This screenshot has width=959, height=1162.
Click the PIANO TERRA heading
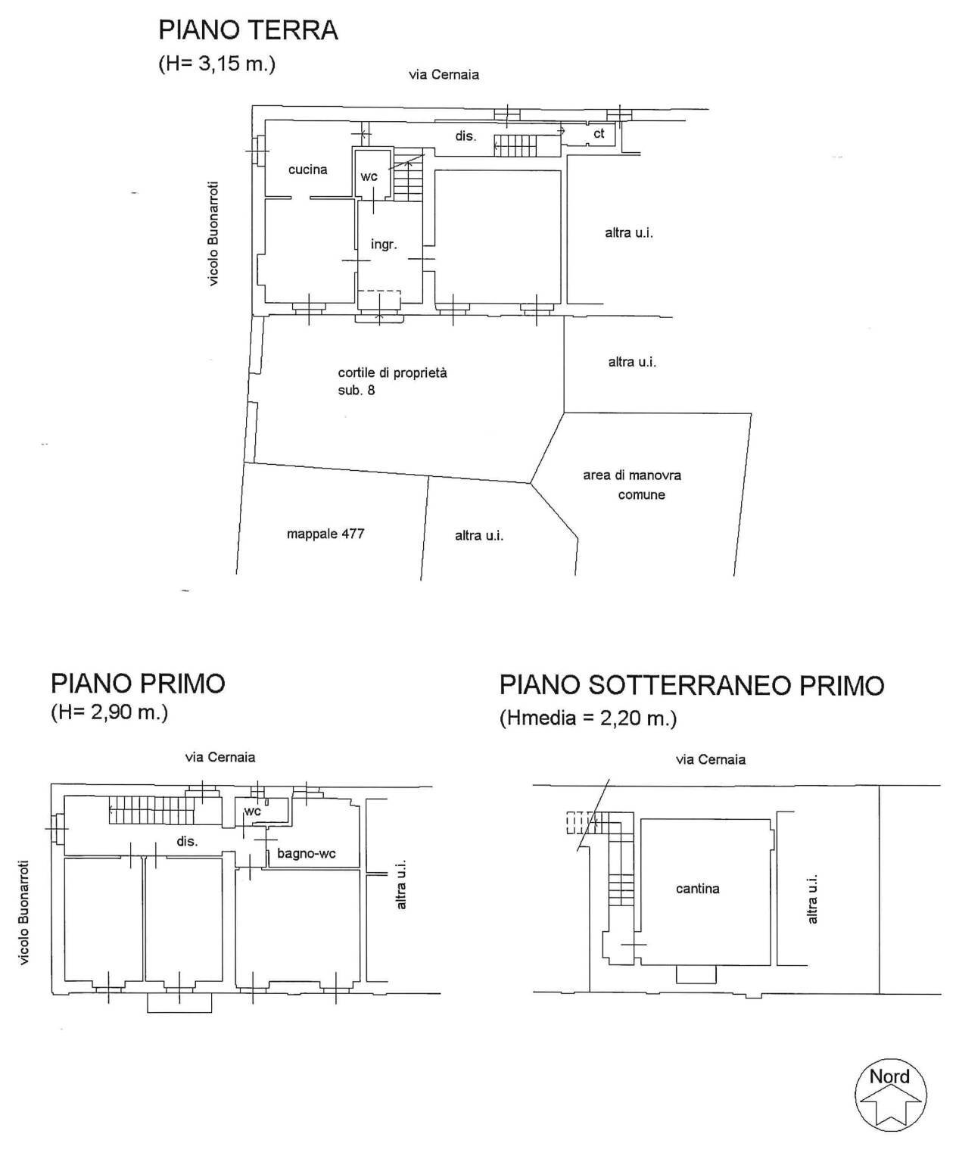tap(248, 30)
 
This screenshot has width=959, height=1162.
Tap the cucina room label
tap(308, 170)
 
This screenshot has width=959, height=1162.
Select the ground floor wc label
tap(369, 176)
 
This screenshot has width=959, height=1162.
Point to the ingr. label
tap(384, 245)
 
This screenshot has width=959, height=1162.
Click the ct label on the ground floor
tap(599, 134)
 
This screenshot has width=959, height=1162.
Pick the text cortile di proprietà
tap(392, 372)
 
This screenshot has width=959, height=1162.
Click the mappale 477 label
tap(325, 534)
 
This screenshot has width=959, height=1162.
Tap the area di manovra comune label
tap(633, 484)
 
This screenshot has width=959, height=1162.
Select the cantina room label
tap(697, 889)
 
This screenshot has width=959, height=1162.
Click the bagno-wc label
tap(307, 854)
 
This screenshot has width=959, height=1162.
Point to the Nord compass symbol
tap(890, 1095)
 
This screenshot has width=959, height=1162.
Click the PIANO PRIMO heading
tap(138, 684)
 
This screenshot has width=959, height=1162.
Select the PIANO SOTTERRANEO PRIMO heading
tap(691, 686)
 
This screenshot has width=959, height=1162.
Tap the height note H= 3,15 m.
tap(216, 64)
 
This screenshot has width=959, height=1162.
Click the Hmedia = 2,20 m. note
tap(588, 718)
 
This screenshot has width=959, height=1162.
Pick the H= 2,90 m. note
tap(109, 713)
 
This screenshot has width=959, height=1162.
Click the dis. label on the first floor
tap(187, 841)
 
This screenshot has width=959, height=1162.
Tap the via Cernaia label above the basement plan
tap(710, 759)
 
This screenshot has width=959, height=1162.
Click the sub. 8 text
tap(357, 391)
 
